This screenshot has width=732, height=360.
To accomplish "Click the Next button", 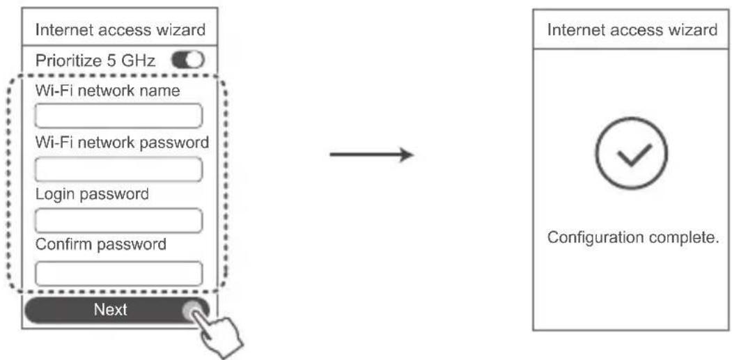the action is [x=111, y=310].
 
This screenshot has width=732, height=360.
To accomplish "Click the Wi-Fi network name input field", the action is [x=118, y=116].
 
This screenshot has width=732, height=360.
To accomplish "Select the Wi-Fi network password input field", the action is [x=118, y=169].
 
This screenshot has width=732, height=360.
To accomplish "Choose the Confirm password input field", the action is [x=118, y=272].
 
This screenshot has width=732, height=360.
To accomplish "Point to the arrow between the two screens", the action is [x=371, y=155].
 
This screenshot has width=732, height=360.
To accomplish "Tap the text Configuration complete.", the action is [x=632, y=237].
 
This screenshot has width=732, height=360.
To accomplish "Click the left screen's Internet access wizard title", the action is [x=120, y=31].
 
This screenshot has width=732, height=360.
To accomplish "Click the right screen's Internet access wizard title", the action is [x=632, y=31].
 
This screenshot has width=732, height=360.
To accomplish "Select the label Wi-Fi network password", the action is [x=122, y=142].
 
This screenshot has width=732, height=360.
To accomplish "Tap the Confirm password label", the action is [x=101, y=245].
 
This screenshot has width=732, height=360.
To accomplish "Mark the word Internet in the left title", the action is [x=59, y=31].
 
